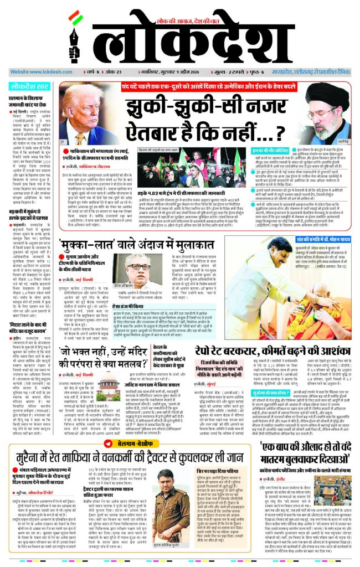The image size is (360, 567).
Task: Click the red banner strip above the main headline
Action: point(211,87)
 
